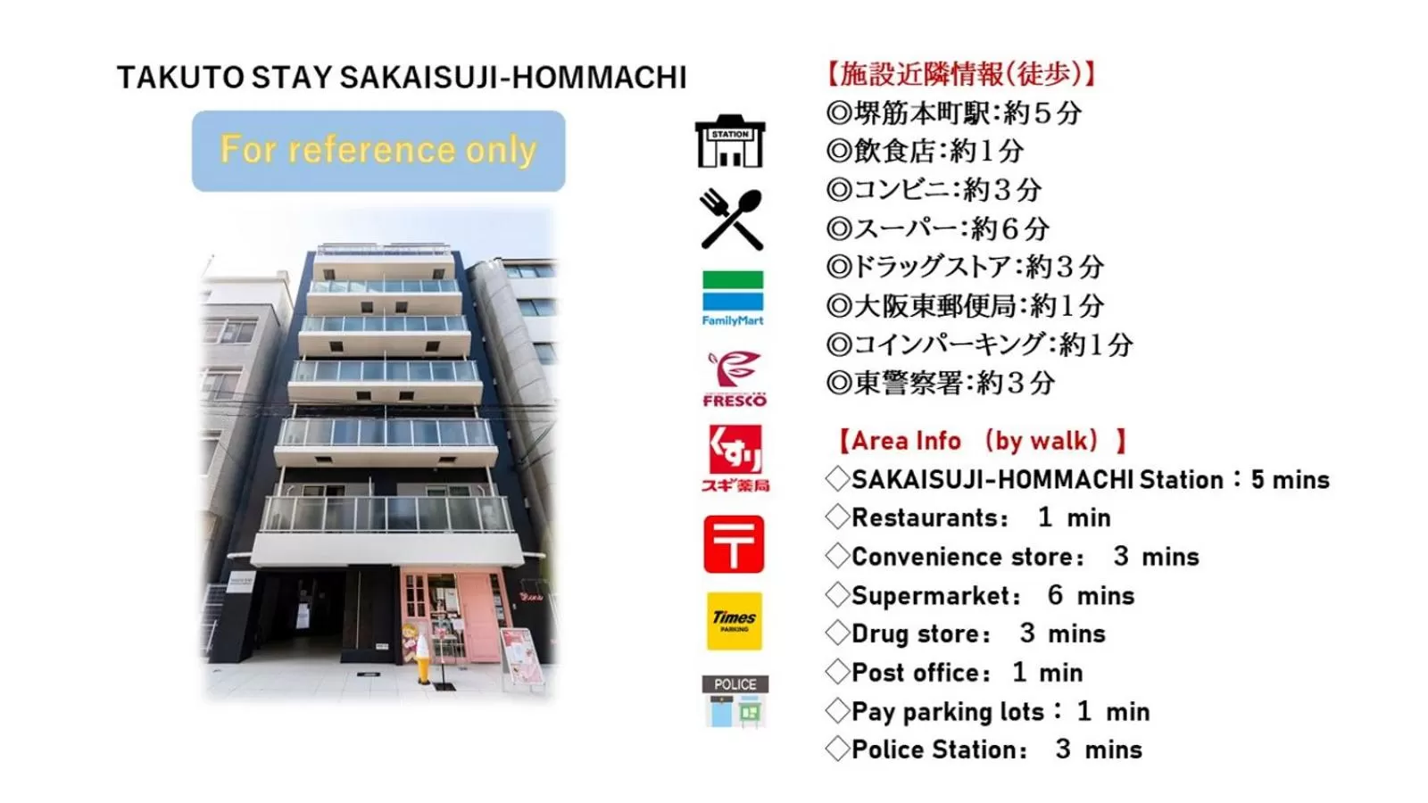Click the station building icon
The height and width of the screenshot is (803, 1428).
tap(730, 141)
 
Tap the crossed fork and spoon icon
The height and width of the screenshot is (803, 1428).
tap(731, 219)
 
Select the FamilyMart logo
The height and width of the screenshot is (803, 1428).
tap(733, 298)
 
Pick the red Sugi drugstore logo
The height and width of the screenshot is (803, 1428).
tap(735, 458)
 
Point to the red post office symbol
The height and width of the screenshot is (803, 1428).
tap(734, 543)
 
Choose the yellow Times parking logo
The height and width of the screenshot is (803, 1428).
tap(735, 621)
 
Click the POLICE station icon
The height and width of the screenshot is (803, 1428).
tap(735, 701)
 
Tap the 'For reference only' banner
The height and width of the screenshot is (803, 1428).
tap(378, 151)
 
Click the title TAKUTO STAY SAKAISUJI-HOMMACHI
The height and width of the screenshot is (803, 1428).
tap(402, 78)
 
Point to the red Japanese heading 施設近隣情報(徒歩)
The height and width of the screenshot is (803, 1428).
tap(960, 74)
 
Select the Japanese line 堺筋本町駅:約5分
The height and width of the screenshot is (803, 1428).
tap(955, 113)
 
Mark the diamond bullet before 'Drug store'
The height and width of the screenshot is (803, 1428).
tap(837, 633)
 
